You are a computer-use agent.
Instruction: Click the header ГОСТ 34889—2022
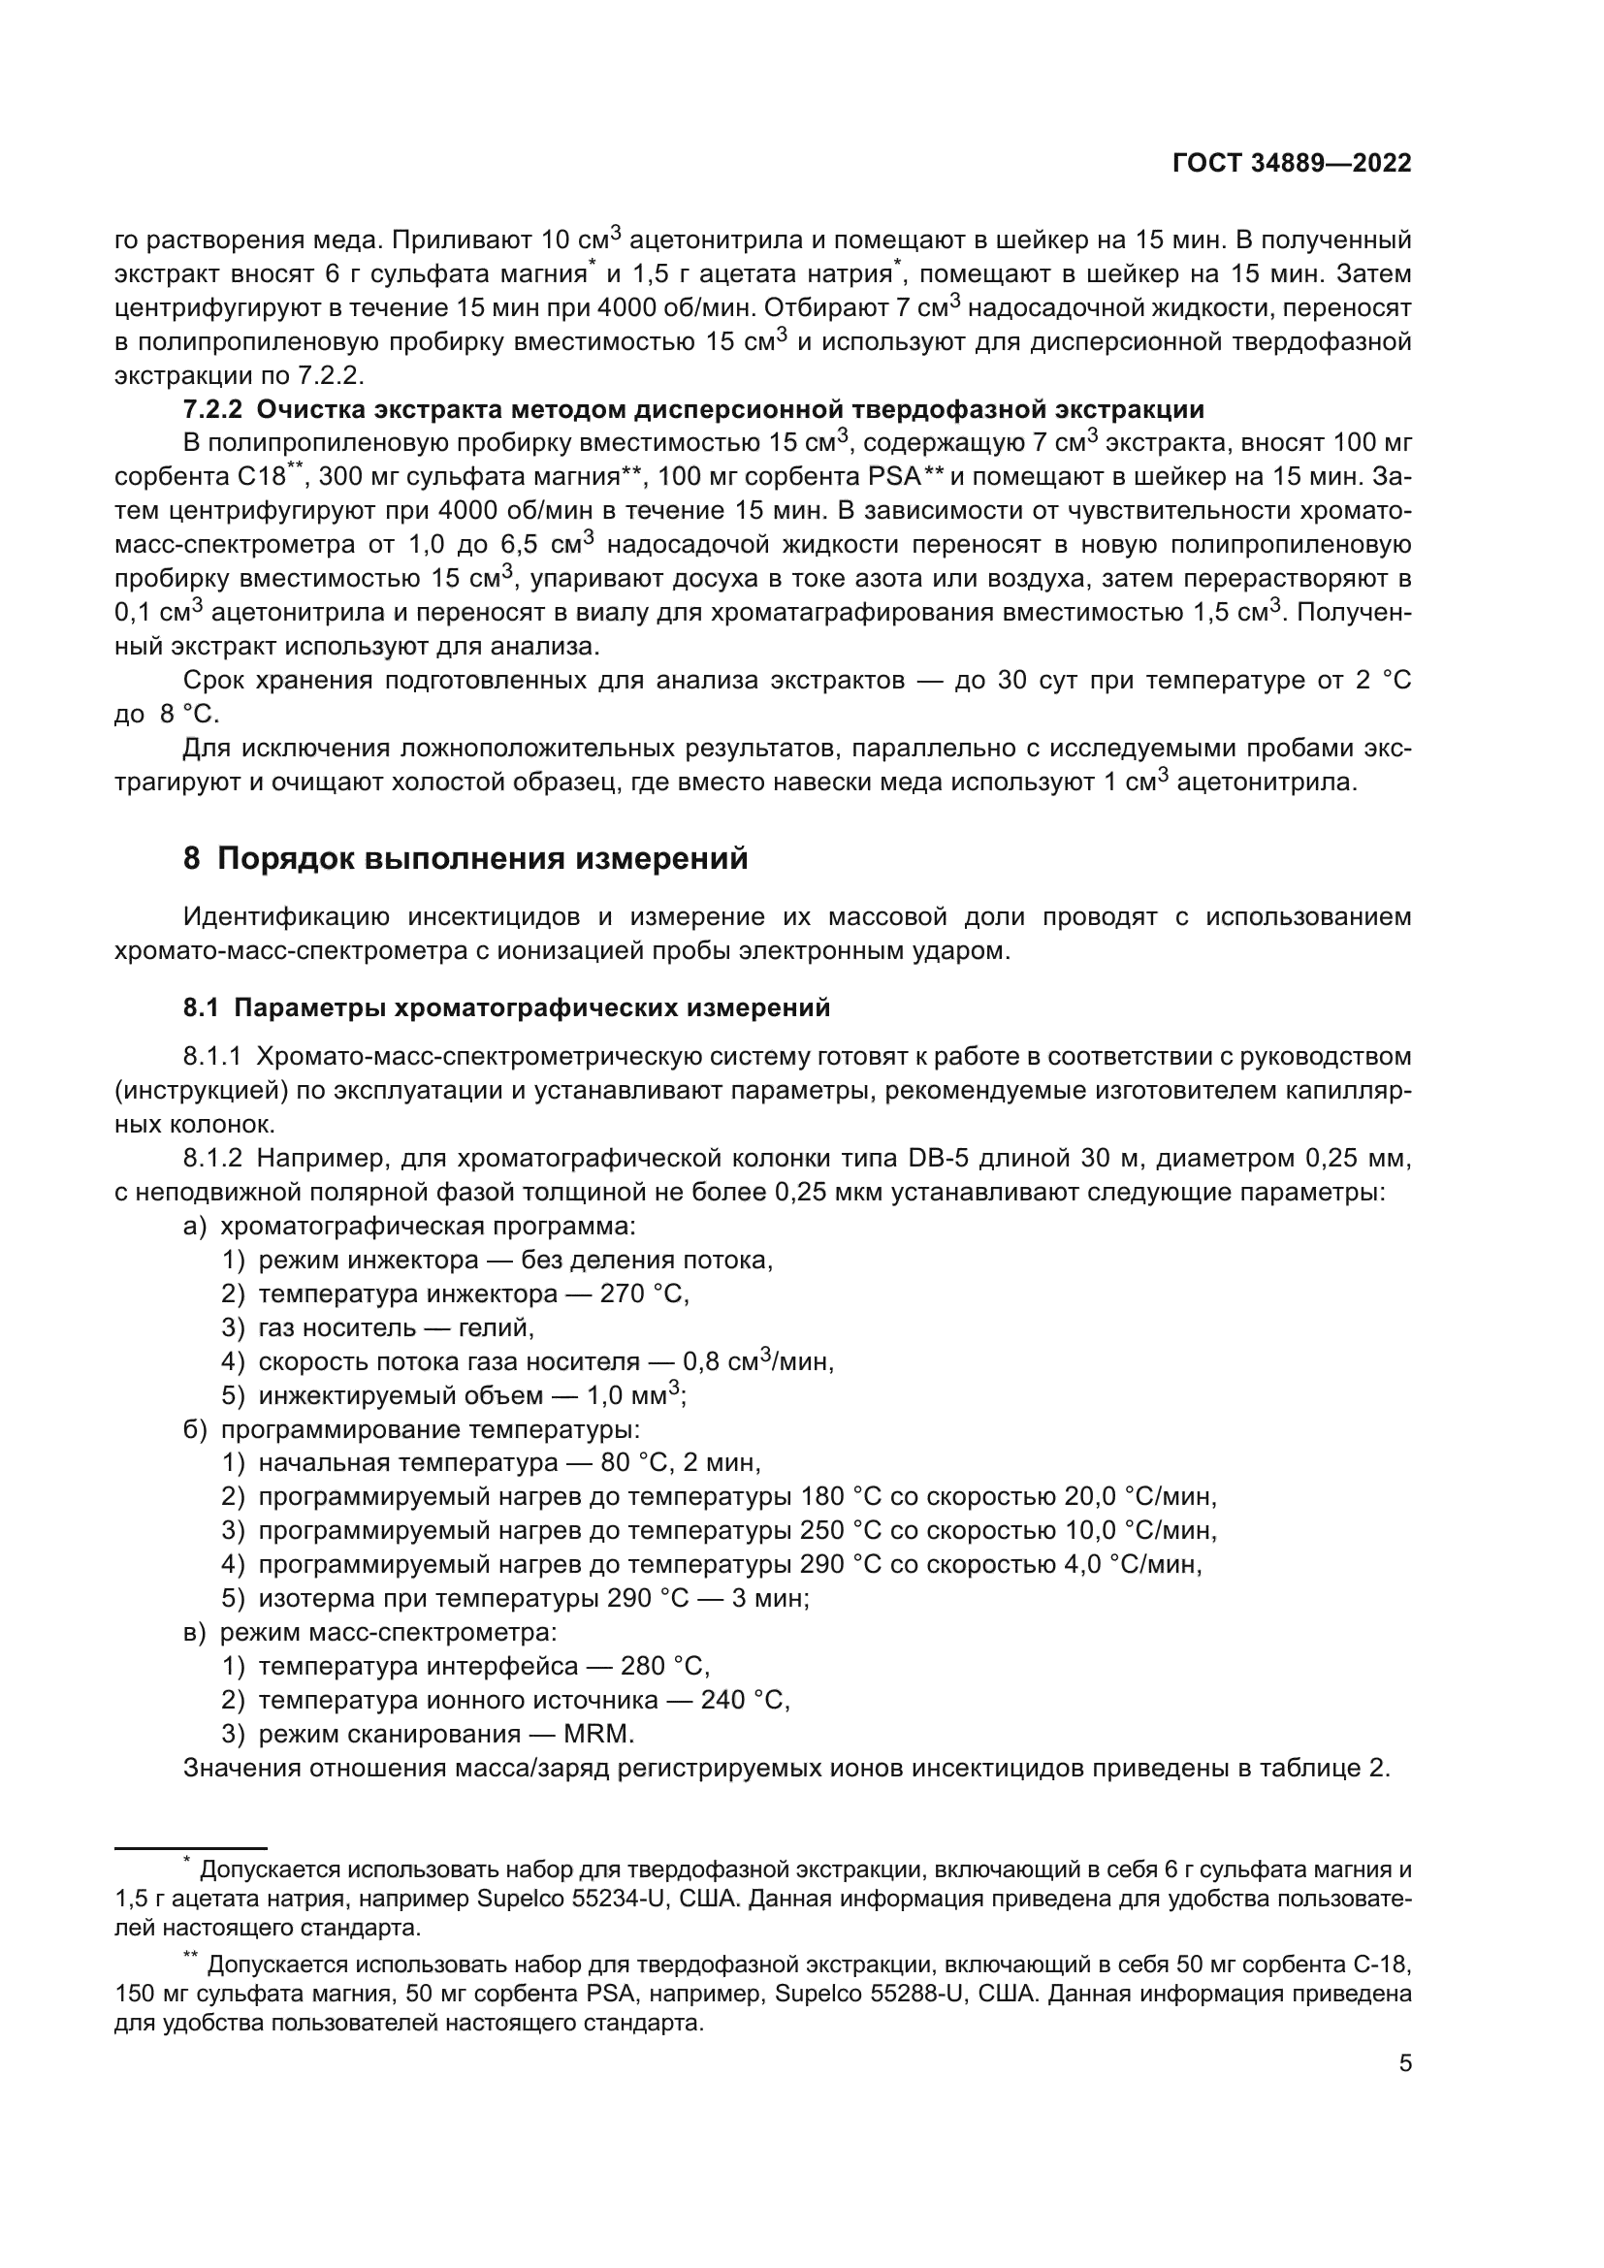click(1291, 164)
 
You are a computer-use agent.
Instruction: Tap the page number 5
click(1404, 2062)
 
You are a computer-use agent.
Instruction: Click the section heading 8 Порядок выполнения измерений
click(465, 858)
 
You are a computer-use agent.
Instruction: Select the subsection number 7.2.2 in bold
click(212, 409)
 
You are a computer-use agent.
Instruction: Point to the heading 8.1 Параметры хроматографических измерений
click(505, 1007)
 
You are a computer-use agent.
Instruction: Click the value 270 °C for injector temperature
click(644, 1294)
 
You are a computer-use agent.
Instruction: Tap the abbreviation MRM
click(598, 1734)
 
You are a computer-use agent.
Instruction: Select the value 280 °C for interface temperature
click(664, 1667)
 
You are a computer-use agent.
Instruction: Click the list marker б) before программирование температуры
click(196, 1429)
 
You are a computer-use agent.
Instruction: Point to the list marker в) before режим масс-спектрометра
click(195, 1632)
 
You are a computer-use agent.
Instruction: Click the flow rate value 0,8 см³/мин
click(757, 1361)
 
